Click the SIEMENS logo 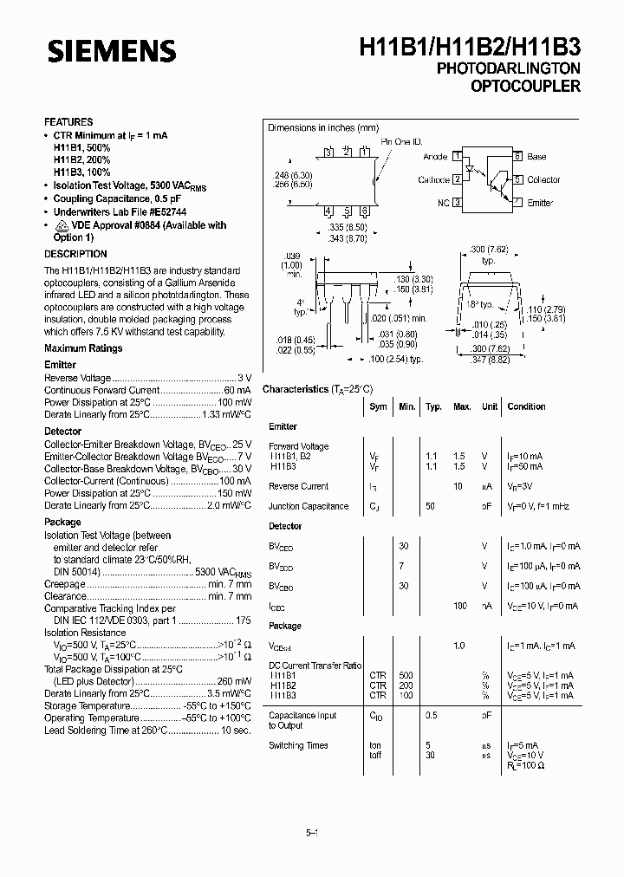pos(111,51)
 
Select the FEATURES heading pos(68,122)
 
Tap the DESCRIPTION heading pos(75,254)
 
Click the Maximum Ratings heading pos(83,348)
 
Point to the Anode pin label pos(435,157)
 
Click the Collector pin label pos(543,179)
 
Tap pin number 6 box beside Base pos(517,157)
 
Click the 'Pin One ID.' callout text pos(401,142)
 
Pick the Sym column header pos(378,406)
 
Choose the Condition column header pos(526,406)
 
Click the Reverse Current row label pos(298,486)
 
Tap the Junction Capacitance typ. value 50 pos(430,506)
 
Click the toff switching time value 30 pos(430,755)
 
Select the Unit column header pos(490,406)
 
